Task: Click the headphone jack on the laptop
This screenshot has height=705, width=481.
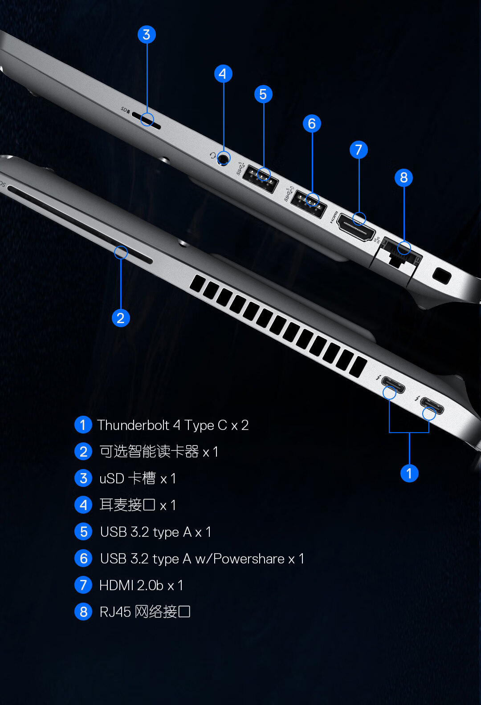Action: pyautogui.click(x=223, y=159)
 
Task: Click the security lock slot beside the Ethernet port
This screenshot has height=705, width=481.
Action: pyautogui.click(x=442, y=275)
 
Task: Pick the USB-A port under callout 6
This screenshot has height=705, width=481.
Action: pyautogui.click(x=308, y=204)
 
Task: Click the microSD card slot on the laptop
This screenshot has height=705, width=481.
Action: pyautogui.click(x=146, y=121)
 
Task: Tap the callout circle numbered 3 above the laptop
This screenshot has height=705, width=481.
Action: pyautogui.click(x=147, y=35)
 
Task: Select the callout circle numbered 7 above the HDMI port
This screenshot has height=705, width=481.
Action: pyautogui.click(x=359, y=150)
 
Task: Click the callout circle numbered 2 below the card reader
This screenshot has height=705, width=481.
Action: pyautogui.click(x=121, y=318)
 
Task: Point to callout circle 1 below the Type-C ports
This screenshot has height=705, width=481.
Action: pyautogui.click(x=409, y=473)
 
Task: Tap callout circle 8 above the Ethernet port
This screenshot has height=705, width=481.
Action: pyautogui.click(x=404, y=178)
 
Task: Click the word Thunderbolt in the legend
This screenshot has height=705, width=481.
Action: pyautogui.click(x=133, y=425)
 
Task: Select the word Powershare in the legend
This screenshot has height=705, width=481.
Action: pyautogui.click(x=249, y=559)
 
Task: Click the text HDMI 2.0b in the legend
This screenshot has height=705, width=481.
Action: pyautogui.click(x=131, y=585)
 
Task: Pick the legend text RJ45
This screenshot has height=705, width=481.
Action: pyautogui.click(x=115, y=612)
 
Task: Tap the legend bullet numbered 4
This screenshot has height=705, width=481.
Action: pyautogui.click(x=83, y=505)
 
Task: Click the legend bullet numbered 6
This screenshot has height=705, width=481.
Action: pyautogui.click(x=83, y=559)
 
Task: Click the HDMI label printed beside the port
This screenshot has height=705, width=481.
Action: pyautogui.click(x=334, y=218)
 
